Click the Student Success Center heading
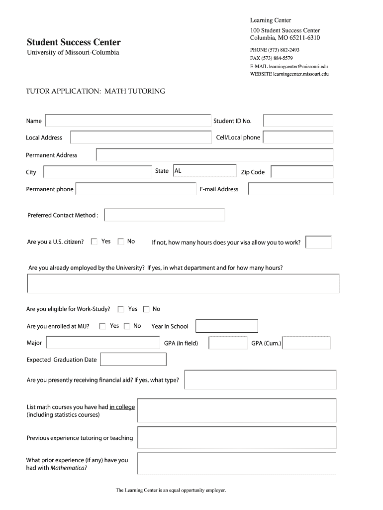[73, 42]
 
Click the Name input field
[128, 121]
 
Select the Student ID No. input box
[298, 121]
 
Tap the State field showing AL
[204, 171]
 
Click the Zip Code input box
[302, 172]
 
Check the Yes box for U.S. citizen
[94, 242]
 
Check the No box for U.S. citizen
[121, 242]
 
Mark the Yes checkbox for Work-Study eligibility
[121, 309]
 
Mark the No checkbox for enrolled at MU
[127, 326]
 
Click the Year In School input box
[227, 326]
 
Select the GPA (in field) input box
[228, 343]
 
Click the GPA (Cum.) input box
[306, 343]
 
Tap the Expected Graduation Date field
[133, 360]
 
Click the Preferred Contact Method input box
[165, 215]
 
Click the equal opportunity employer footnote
[171, 491]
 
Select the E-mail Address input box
[290, 189]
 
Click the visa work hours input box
[319, 243]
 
